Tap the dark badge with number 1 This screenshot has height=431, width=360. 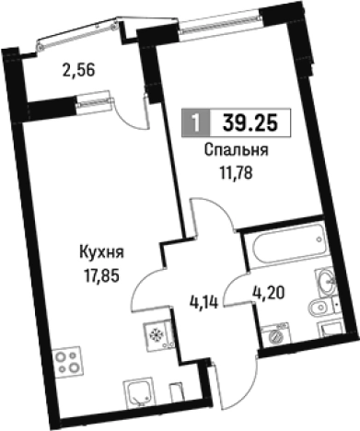coord(195,122)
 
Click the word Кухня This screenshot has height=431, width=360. coord(101,250)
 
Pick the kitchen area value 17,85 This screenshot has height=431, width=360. coord(101,268)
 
